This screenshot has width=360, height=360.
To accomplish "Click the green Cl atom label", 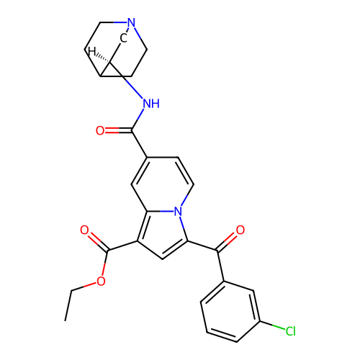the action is [x=290, y=331].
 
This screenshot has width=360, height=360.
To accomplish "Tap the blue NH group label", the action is [x=150, y=104].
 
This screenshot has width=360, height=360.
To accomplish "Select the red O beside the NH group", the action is [x=100, y=130].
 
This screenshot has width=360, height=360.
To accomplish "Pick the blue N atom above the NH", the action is [x=131, y=23].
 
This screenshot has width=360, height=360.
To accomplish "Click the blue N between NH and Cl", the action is [x=179, y=211].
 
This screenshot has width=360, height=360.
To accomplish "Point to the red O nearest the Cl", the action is [x=240, y=230].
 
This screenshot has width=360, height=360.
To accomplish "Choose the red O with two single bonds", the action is [x=101, y=282].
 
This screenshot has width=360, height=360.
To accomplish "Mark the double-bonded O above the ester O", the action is [x=84, y=230].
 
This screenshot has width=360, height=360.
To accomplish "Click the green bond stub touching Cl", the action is [x=279, y=328].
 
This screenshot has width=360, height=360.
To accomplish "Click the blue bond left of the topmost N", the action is [x=120, y=22].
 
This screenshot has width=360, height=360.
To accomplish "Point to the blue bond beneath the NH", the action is [x=141, y=116].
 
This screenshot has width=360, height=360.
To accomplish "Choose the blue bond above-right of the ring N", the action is [x=184, y=200].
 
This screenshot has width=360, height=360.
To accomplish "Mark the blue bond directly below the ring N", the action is [x=182, y=222].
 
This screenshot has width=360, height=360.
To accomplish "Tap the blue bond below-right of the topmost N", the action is [x=138, y=32].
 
